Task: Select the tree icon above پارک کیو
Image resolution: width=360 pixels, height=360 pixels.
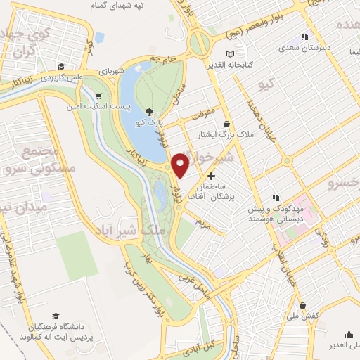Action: point(149,111)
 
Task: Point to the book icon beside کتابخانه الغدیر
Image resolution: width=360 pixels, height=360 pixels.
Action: point(231,54)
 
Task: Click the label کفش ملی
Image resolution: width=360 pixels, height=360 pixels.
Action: point(304,316)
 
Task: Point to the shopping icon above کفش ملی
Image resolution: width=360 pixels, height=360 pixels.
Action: point(302,306)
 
